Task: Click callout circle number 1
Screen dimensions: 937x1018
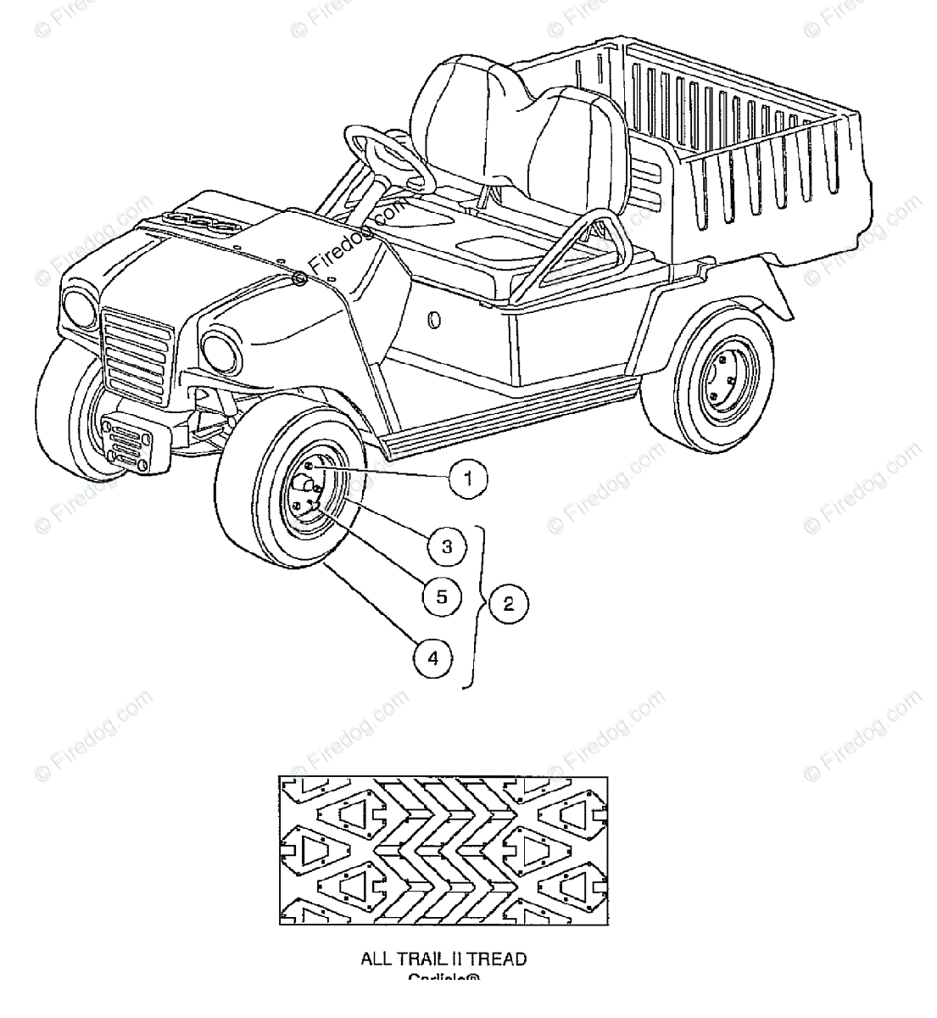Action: [468, 478]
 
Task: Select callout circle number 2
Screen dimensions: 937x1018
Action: [508, 604]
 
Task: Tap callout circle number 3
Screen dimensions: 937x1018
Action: [447, 546]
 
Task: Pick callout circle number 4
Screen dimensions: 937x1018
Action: [433, 657]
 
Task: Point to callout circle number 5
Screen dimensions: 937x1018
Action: [441, 596]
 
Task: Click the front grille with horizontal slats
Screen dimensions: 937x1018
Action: [137, 347]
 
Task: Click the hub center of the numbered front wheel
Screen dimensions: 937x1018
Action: [305, 488]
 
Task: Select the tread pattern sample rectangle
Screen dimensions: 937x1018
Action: [443, 849]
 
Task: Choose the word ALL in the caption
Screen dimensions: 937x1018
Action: [375, 959]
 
